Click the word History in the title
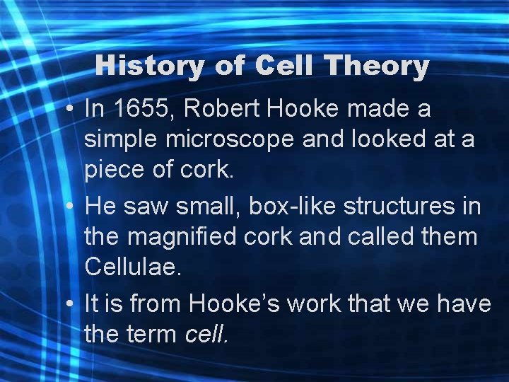coord(148,66)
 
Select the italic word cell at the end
coord(206,334)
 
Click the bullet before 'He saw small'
coord(71,207)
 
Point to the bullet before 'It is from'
coord(71,304)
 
